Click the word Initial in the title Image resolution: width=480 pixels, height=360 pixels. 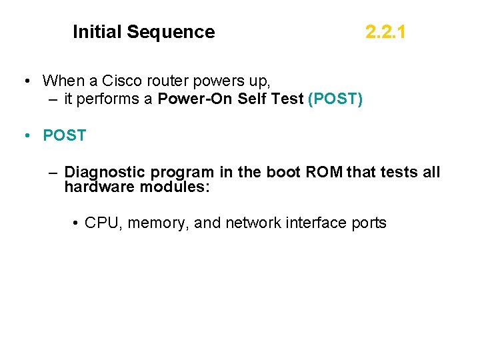tap(97, 32)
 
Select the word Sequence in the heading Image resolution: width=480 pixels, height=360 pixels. tap(171, 32)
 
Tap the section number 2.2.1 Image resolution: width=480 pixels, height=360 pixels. tap(385, 32)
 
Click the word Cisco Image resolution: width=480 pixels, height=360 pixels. tap(121, 81)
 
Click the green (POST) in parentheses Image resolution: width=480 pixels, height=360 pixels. tap(336, 100)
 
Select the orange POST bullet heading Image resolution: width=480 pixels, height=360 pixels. tap(65, 135)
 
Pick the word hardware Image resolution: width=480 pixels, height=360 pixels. tap(99, 187)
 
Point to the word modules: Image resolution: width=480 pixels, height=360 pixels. tap(175, 187)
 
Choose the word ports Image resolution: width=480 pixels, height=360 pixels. tap(367, 223)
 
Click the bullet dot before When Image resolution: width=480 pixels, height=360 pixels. tap(24, 82)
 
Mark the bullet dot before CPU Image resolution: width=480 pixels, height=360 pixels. tap(76, 223)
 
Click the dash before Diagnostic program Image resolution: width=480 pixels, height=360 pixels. tap(53, 173)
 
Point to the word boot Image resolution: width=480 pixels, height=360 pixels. tap(283, 173)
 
